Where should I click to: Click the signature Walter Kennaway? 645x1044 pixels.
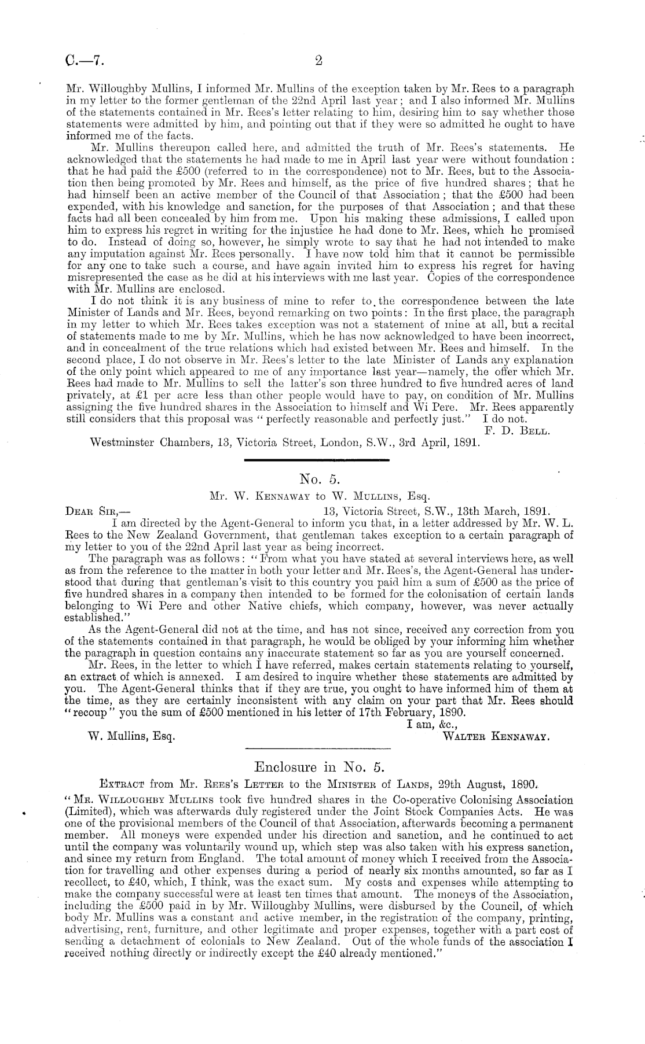coord(495,737)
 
